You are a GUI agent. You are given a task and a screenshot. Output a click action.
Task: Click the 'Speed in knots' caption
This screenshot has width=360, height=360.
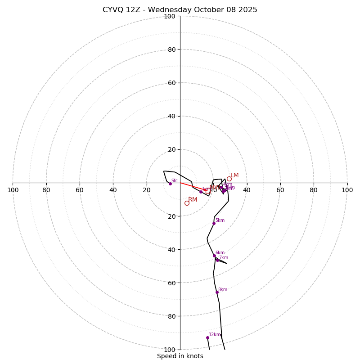point(180,356)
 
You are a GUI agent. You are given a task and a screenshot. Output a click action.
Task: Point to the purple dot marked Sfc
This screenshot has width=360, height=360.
point(170,184)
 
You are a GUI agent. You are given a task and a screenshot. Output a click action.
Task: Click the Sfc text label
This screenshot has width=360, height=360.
point(175,180)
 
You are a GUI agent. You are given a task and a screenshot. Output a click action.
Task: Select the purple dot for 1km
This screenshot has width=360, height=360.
point(201,192)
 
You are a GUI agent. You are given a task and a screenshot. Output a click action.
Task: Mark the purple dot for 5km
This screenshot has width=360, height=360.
point(214,223)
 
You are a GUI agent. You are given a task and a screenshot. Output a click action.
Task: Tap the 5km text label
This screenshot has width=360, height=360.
point(220,220)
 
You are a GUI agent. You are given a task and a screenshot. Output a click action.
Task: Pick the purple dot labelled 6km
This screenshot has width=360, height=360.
point(214,256)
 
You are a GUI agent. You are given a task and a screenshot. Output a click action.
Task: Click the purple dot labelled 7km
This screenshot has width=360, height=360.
point(217,260)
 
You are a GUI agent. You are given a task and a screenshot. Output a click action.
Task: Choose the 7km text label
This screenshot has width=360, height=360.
point(224,257)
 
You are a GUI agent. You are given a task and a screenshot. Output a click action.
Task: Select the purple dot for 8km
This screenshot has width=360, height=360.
point(217,292)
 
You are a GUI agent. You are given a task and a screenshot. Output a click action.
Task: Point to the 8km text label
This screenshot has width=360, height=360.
point(223,289)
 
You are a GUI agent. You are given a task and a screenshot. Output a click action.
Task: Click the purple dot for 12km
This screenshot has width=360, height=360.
point(207,337)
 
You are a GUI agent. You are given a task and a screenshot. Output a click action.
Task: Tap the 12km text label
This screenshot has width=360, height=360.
point(214,334)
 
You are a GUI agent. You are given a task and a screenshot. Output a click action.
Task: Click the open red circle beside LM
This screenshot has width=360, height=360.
point(229,179)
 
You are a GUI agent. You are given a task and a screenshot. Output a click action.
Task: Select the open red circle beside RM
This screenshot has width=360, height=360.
point(187,203)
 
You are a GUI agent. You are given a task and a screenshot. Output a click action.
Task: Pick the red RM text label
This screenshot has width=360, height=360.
point(193,199)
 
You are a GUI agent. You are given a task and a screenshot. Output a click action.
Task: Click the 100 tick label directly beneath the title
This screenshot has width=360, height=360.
point(169,16)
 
